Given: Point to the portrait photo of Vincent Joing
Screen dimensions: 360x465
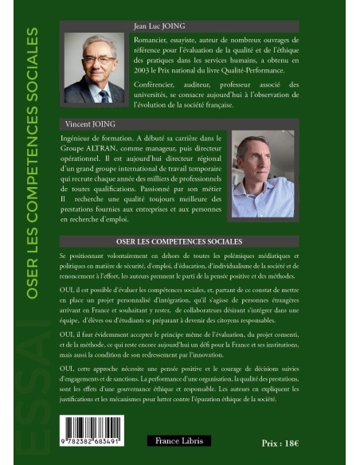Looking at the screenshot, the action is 262,176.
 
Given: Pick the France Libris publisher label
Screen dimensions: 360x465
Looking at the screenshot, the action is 178,440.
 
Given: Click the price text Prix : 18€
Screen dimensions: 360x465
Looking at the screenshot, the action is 280,443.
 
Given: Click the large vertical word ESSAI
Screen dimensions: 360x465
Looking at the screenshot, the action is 33,374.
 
